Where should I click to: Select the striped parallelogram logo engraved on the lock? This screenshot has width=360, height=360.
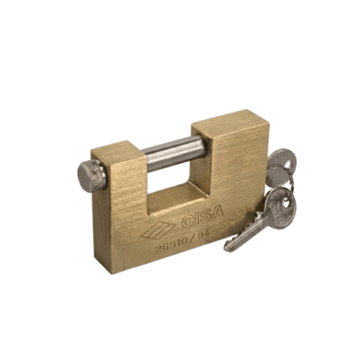click(x=159, y=230)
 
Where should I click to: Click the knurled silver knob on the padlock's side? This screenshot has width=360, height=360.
click(x=92, y=173)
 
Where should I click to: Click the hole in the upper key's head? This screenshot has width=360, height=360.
click(x=287, y=165)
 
